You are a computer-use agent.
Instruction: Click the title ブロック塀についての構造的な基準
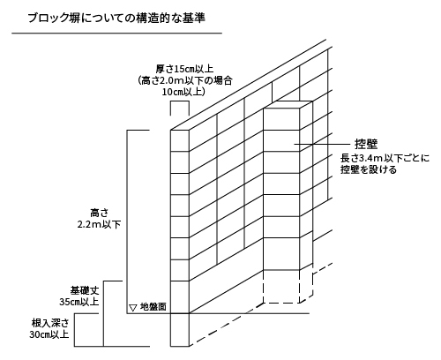(x=116, y=19)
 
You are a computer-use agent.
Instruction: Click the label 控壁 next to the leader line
(x=366, y=144)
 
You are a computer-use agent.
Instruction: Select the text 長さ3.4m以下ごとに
(x=385, y=158)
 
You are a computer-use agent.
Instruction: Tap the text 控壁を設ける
(x=369, y=169)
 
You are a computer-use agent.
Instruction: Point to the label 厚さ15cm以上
(x=184, y=70)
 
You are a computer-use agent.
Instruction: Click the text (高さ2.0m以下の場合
(x=184, y=80)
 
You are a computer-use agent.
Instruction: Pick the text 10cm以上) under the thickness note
(x=183, y=92)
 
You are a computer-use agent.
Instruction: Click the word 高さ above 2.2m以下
(x=99, y=213)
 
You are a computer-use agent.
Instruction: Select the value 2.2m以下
(x=99, y=224)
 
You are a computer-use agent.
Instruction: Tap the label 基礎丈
(x=85, y=290)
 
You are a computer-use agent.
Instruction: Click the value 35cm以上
(x=79, y=302)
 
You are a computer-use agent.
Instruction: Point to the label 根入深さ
(x=50, y=323)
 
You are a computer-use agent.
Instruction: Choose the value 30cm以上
(x=49, y=334)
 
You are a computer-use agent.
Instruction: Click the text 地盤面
(x=153, y=307)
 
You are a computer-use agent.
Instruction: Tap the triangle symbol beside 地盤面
(x=133, y=308)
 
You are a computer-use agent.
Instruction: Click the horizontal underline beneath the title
(x=116, y=34)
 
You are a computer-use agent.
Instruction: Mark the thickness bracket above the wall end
(x=180, y=101)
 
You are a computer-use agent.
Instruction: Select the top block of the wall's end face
(x=180, y=141)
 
